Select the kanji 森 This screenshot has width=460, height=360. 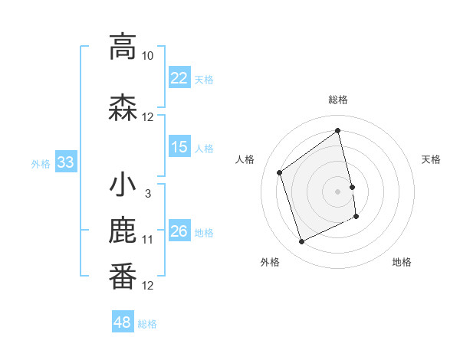[x=123, y=107]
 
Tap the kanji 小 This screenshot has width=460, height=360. [x=123, y=185]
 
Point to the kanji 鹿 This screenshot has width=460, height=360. [x=123, y=231]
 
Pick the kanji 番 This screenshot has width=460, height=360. [x=123, y=277]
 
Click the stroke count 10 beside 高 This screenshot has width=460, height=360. [x=148, y=56]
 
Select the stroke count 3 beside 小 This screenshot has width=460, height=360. [x=148, y=194]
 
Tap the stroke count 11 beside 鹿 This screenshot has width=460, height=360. [x=148, y=240]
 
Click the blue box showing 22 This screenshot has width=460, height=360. [x=179, y=78]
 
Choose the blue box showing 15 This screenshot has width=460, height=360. [x=179, y=147]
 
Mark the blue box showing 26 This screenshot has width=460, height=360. [x=179, y=231]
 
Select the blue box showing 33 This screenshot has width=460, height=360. [x=65, y=162]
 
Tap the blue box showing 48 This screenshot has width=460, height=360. [x=123, y=322]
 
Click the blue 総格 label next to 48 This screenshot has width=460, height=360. [x=148, y=324]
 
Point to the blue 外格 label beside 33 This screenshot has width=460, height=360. [x=41, y=163]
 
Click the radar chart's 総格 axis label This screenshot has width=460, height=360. [x=338, y=100]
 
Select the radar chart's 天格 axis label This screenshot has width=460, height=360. [x=431, y=159]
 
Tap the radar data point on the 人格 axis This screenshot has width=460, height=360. [x=280, y=173]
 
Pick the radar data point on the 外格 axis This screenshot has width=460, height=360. [x=301, y=242]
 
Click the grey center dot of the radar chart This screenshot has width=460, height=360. [x=338, y=191]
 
